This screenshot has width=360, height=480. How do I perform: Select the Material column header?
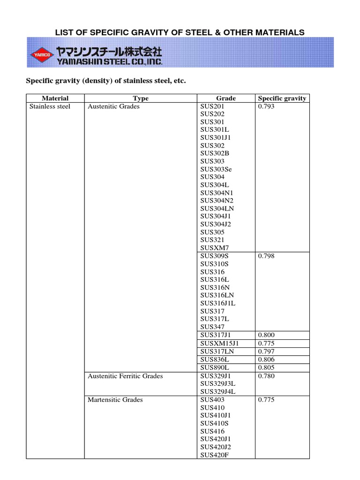pyautogui.click(x=55, y=98)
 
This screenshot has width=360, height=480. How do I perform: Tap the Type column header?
pyautogui.click(x=141, y=98)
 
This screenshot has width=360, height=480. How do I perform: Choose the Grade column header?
pyautogui.click(x=226, y=98)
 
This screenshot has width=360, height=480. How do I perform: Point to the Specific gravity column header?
pyautogui.click(x=282, y=98)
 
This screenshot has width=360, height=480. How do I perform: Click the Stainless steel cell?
pyautogui.click(x=50, y=106)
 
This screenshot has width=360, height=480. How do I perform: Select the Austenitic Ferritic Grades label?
pyautogui.click(x=125, y=376)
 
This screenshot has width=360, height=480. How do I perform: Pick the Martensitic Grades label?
pyautogui.click(x=115, y=400)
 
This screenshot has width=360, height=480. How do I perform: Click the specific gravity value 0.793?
pyautogui.click(x=266, y=106)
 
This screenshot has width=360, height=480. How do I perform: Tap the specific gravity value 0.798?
pyautogui.click(x=266, y=256)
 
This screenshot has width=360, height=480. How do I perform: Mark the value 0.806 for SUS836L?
pyautogui.click(x=266, y=359)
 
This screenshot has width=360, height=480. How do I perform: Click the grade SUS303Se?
pyautogui.click(x=216, y=169)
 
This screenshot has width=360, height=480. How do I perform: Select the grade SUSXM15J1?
pyautogui.click(x=219, y=343)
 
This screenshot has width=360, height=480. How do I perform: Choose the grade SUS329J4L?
pyautogui.click(x=217, y=392)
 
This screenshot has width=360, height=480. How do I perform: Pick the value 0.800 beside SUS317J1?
pyautogui.click(x=266, y=335)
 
